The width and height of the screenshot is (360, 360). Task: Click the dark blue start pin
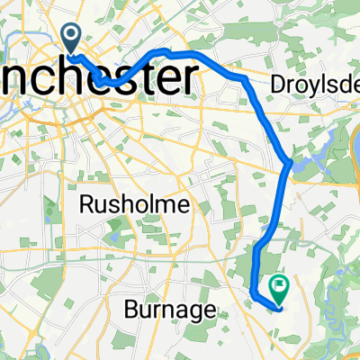coord(71,36)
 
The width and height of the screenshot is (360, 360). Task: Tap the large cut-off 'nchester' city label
coord(99,80)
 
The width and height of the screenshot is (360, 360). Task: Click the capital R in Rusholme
coord(88,205)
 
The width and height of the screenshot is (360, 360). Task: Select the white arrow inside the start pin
coord(71,34)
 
